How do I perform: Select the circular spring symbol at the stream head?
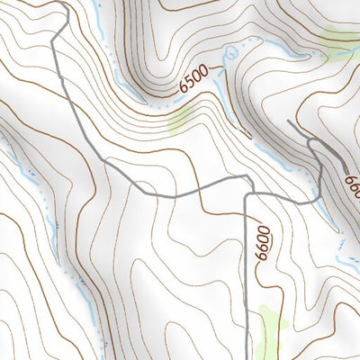point(233,53)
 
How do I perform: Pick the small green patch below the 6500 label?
point(181,116)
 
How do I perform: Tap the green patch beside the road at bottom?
point(271,324)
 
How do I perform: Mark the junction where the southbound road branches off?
point(247,192)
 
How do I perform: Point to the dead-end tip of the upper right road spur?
point(287,121)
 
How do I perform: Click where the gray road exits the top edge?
point(66,2)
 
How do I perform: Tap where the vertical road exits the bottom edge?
point(247,357)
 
